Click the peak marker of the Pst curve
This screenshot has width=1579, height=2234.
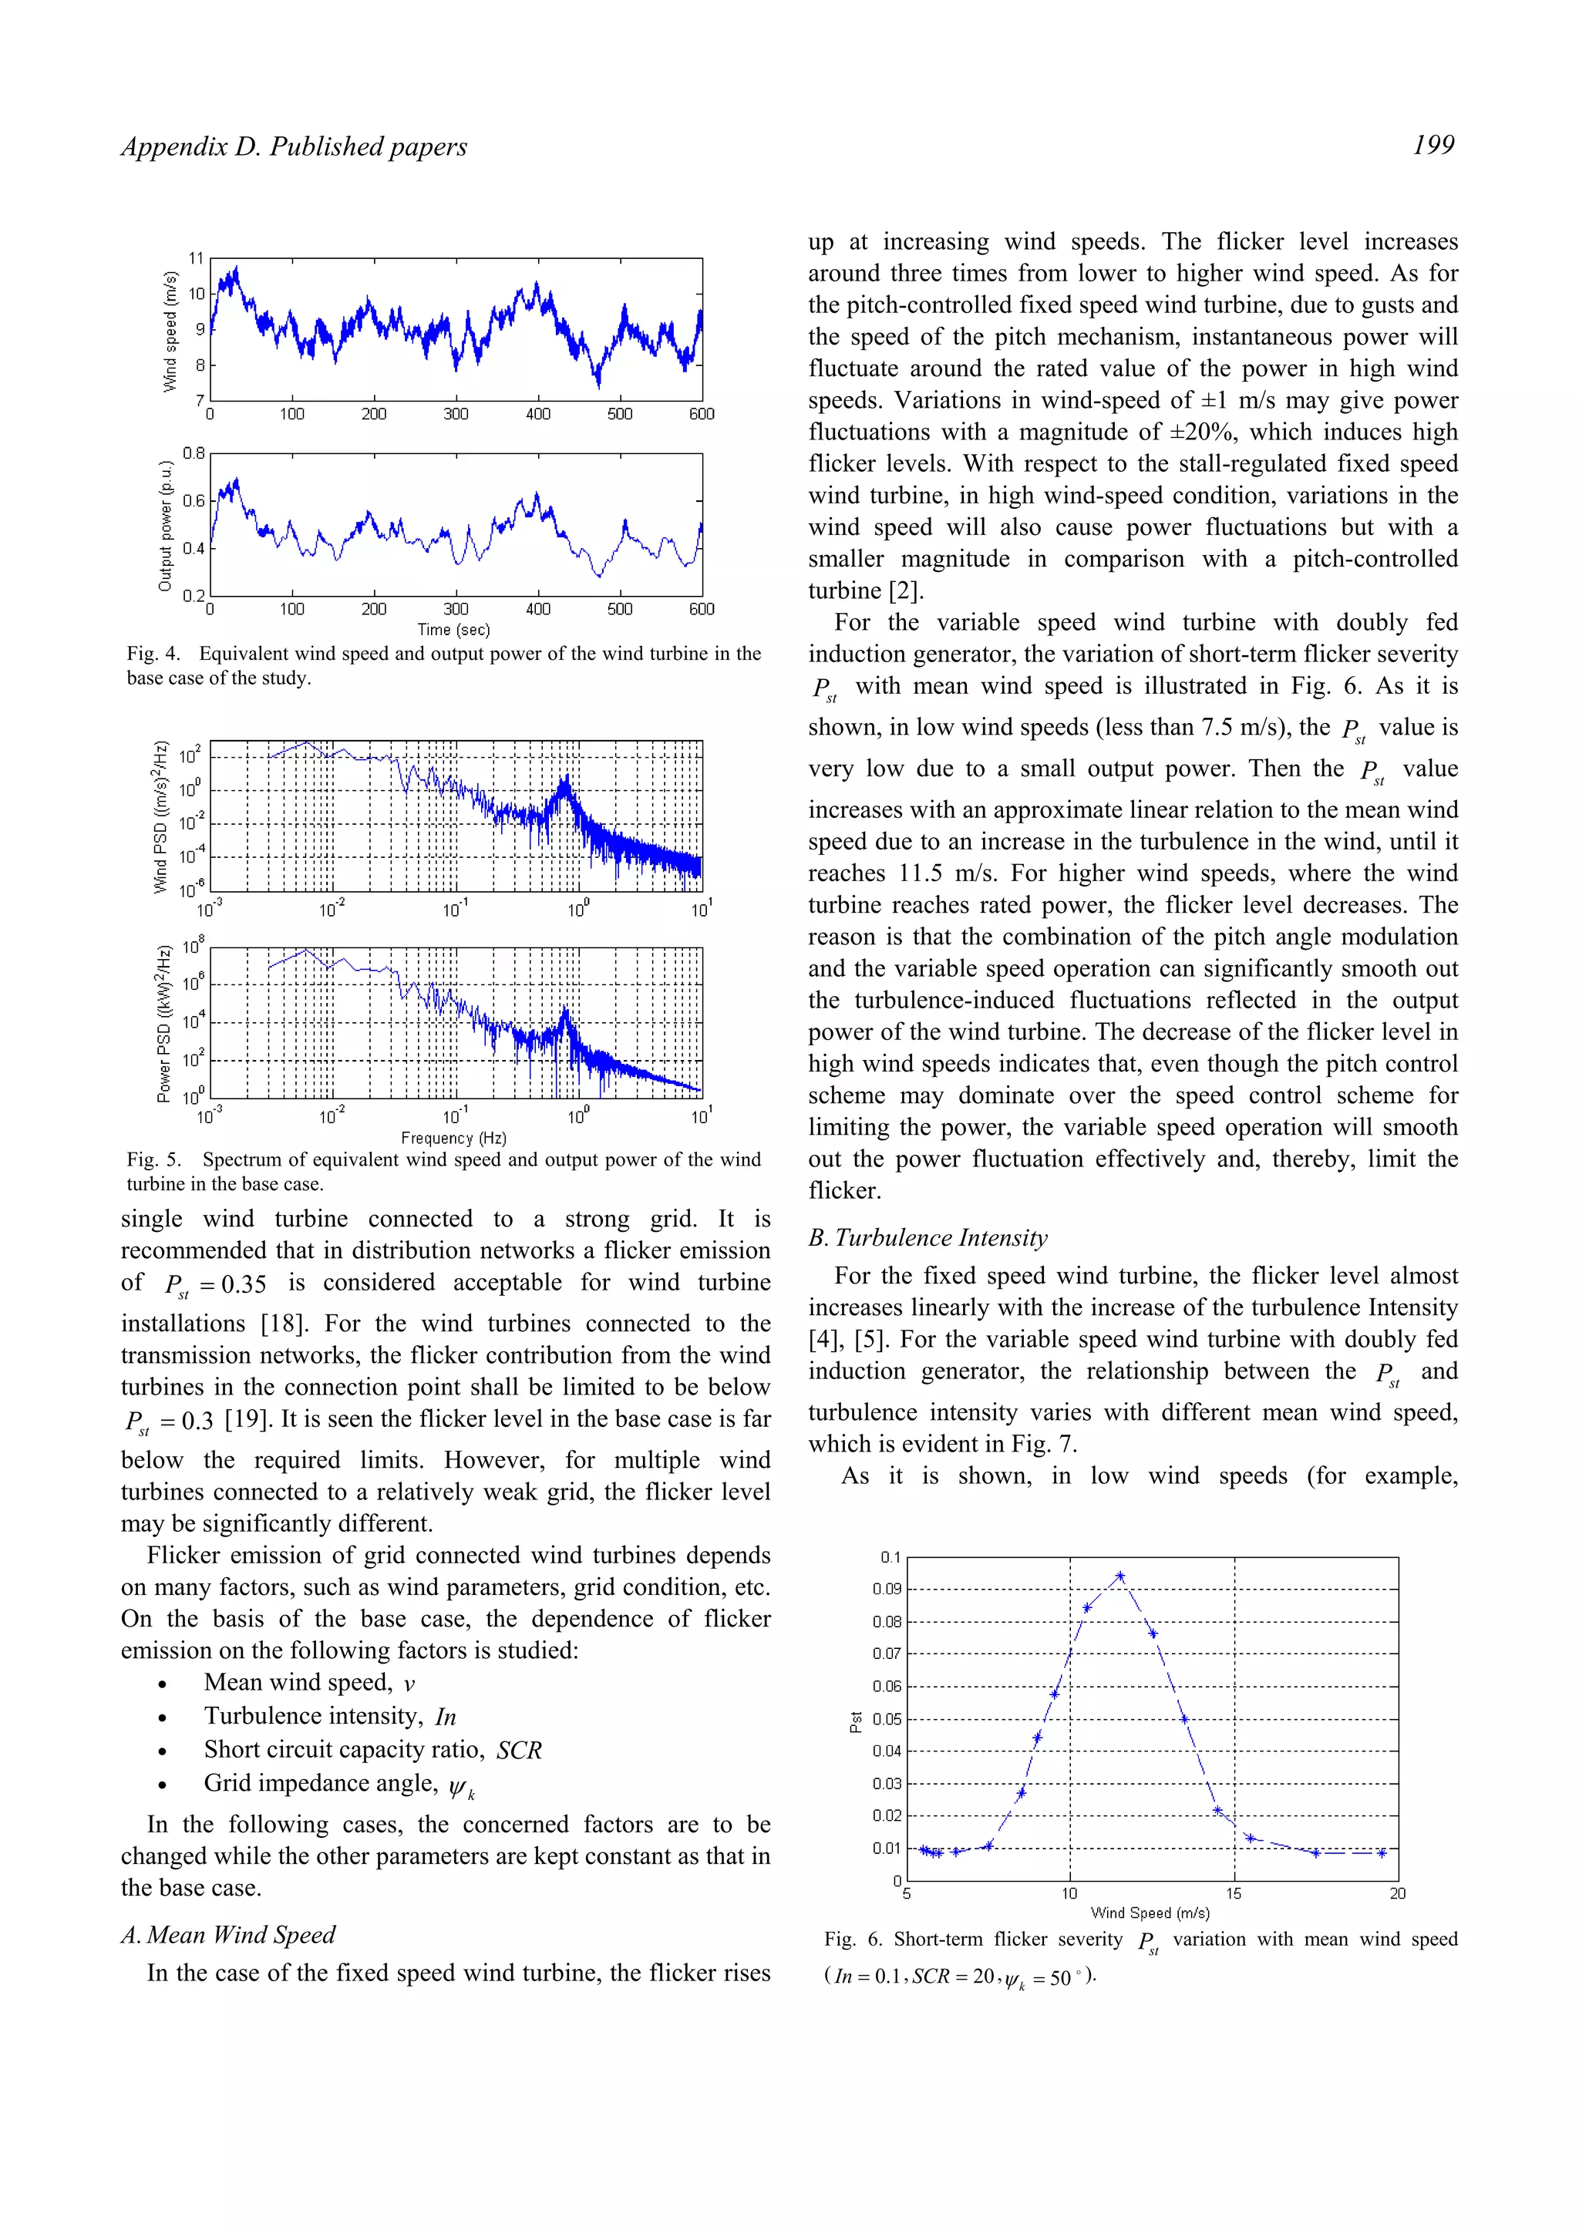point(1119,1575)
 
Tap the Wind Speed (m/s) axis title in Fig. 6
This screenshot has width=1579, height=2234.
point(1150,1912)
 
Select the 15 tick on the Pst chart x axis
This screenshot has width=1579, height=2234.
point(1234,1893)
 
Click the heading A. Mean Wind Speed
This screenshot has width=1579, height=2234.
point(227,1934)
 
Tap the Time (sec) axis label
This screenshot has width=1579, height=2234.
point(453,630)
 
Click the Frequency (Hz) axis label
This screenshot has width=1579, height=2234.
point(453,1138)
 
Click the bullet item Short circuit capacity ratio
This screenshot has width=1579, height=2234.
point(372,1749)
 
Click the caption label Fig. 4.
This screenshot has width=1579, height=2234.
point(153,654)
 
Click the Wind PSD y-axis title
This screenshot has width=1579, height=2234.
point(160,817)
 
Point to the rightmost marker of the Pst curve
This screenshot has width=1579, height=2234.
point(1381,1852)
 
